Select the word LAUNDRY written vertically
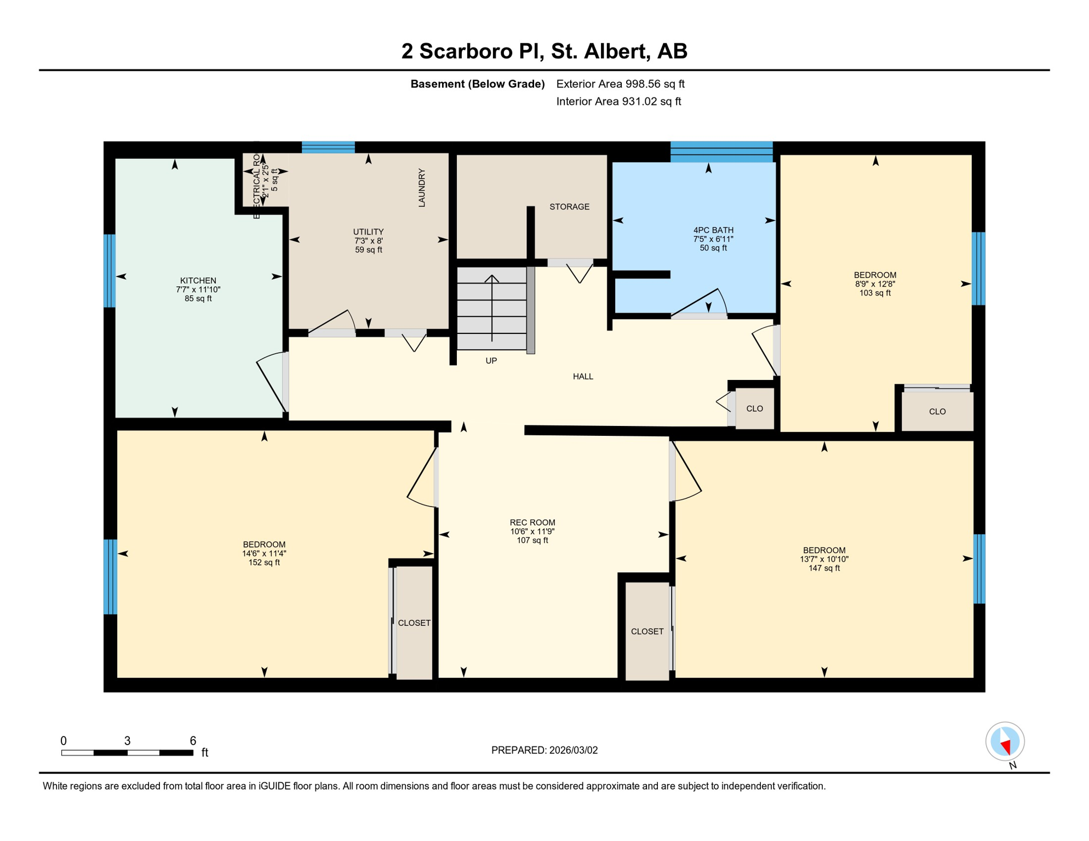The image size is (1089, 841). [422, 188]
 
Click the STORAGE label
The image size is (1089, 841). [569, 207]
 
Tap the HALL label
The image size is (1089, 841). [583, 377]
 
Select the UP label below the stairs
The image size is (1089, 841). [491, 361]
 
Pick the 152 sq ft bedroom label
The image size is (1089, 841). [264, 553]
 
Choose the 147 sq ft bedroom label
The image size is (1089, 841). [824, 559]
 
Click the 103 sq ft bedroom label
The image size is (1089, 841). [875, 284]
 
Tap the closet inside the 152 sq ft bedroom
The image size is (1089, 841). [414, 623]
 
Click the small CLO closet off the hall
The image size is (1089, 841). [754, 409]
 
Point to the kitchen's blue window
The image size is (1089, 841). [110, 271]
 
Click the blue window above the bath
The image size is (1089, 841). [721, 151]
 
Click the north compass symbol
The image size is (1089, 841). [1005, 742]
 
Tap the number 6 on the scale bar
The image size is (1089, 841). [193, 741]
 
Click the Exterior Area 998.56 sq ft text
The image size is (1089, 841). [620, 84]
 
